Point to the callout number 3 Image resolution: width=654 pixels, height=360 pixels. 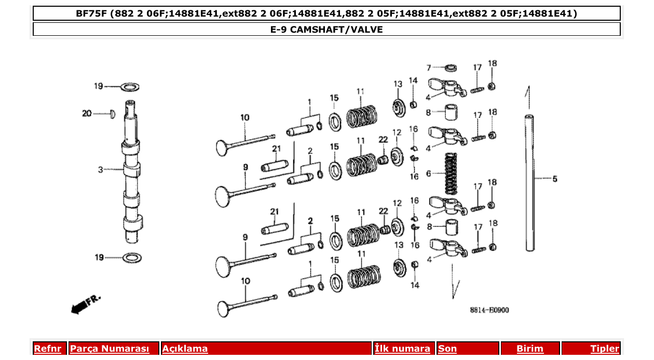coord(101,169)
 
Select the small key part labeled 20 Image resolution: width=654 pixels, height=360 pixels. coord(111,114)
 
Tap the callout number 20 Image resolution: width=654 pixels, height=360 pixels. coord(87,113)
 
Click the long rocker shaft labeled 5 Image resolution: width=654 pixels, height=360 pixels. coord(529,182)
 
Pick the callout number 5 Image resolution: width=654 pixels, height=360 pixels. coord(554,179)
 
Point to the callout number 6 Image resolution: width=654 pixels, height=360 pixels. coord(429,173)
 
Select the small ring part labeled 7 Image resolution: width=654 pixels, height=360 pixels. coord(451,67)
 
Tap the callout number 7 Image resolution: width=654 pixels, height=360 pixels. coord(429,67)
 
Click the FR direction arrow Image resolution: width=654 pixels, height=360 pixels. coord(86,304)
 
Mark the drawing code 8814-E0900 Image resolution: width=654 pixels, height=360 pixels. coord(489,310)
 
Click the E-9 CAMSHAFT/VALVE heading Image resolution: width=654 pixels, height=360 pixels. coord(326,30)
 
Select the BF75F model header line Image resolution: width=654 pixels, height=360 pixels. coord(326,13)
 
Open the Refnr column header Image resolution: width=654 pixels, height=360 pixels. coord(47,349)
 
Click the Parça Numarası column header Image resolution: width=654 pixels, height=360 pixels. coord(110,349)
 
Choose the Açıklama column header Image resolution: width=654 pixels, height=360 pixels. coord(185,349)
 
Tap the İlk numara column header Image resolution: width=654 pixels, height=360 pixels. coord(402,349)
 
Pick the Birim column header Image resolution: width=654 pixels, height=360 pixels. coord(529,349)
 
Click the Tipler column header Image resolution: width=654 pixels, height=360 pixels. coord(605,349)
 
